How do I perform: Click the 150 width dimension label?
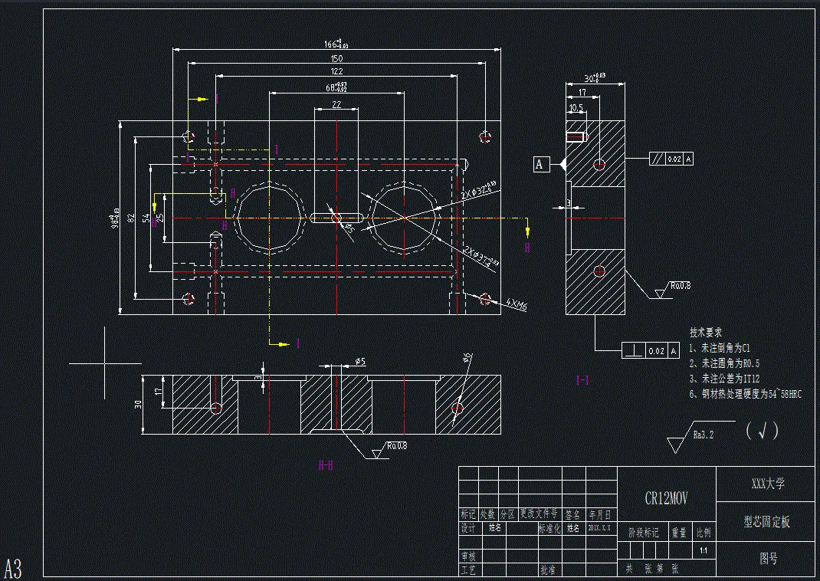(x=336, y=59)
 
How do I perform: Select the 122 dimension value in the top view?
(x=336, y=71)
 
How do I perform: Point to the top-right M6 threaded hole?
(x=484, y=136)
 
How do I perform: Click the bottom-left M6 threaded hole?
(x=189, y=297)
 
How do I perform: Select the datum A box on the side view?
(x=540, y=163)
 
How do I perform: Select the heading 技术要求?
(x=706, y=333)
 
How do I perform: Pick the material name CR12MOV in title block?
(x=666, y=498)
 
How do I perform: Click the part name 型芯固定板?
(x=766, y=522)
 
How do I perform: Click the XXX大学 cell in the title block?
(x=766, y=484)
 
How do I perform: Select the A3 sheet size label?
(x=14, y=569)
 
